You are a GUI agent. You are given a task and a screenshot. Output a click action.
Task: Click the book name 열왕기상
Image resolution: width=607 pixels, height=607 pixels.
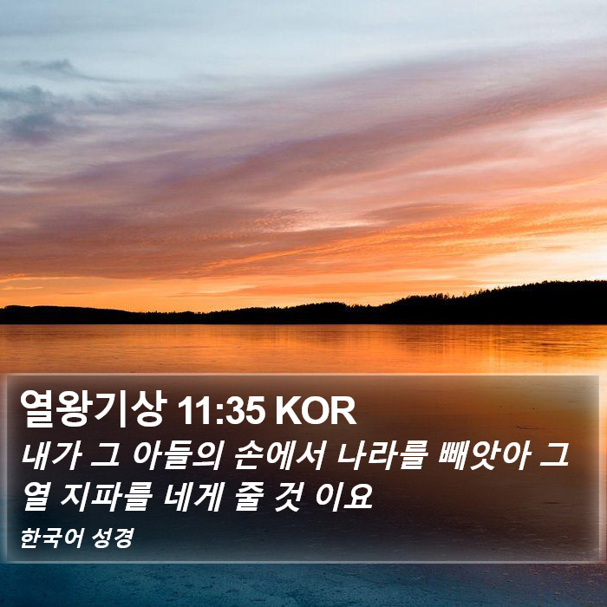click(x=94, y=408)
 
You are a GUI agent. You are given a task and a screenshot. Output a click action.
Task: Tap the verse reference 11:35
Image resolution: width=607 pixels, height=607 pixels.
click(x=221, y=411)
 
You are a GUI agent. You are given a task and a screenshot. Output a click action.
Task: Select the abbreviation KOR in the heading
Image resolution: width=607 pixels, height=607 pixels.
click(x=316, y=411)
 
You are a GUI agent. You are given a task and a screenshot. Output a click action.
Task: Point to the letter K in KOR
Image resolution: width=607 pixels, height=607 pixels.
click(x=288, y=411)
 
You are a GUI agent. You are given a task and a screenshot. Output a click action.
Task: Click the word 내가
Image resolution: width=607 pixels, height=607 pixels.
click(x=51, y=455)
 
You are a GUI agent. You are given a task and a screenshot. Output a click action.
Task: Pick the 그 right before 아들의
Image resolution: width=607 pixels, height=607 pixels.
click(x=106, y=456)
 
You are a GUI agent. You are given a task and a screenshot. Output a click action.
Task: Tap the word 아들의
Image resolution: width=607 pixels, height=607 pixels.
click(x=177, y=455)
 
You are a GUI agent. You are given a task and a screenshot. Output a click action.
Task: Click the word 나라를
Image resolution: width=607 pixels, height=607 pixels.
click(x=382, y=455)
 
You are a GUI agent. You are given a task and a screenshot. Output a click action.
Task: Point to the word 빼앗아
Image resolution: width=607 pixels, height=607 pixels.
click(x=484, y=455)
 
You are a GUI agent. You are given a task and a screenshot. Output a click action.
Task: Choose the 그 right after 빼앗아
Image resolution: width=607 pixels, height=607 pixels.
click(x=554, y=456)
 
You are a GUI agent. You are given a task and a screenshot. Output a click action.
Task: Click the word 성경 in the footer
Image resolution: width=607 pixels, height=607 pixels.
click(x=114, y=538)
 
